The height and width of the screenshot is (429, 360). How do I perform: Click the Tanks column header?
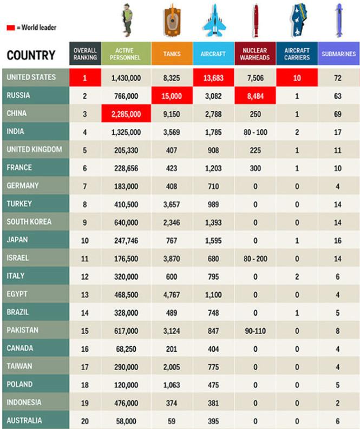click(x=172, y=54)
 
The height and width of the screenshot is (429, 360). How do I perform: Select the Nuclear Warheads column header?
click(x=255, y=54)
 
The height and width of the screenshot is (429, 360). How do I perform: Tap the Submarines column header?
click(x=338, y=54)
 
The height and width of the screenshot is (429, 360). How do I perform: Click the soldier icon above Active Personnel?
click(x=127, y=21)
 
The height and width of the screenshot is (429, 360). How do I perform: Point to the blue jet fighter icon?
click(x=213, y=21)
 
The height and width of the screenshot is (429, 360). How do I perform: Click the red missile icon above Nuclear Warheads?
click(x=255, y=20)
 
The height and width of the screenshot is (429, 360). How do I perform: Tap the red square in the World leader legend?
click(x=10, y=28)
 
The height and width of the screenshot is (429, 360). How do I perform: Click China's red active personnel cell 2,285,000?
click(x=126, y=114)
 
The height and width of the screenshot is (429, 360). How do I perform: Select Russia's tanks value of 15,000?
click(x=172, y=96)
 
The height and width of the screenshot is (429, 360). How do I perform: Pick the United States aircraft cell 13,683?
click(x=213, y=78)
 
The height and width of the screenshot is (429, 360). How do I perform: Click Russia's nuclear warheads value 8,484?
click(x=255, y=96)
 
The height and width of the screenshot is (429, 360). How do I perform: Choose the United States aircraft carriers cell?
click(x=297, y=78)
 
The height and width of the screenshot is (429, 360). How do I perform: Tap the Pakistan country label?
click(x=22, y=330)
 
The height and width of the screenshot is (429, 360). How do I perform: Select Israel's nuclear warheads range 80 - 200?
click(x=255, y=259)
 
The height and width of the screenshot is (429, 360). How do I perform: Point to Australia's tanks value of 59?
click(x=172, y=421)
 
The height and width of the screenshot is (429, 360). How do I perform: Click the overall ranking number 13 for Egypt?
click(x=84, y=295)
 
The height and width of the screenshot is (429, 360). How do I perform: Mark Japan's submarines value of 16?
click(x=338, y=241)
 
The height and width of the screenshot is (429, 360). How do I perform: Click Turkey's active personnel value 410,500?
click(x=126, y=204)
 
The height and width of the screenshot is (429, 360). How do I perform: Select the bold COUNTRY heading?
click(x=31, y=55)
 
